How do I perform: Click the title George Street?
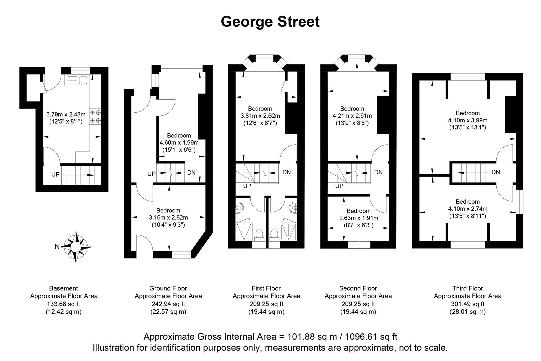click(x=270, y=22)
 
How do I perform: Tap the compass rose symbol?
click(x=77, y=247)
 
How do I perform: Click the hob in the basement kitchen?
click(x=95, y=117)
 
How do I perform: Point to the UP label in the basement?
click(x=55, y=174)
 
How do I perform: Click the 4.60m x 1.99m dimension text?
click(x=179, y=143)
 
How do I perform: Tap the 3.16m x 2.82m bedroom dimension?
click(x=168, y=218)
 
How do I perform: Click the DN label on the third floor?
click(x=496, y=172)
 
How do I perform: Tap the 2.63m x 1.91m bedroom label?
click(x=358, y=218)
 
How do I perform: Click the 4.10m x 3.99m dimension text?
click(x=468, y=120)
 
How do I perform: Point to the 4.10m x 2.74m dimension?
click(x=468, y=209)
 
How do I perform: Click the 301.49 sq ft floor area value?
click(x=468, y=304)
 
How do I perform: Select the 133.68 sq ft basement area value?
click(x=64, y=304)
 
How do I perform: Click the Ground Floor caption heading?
click(x=168, y=288)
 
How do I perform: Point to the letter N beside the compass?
click(x=57, y=247)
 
